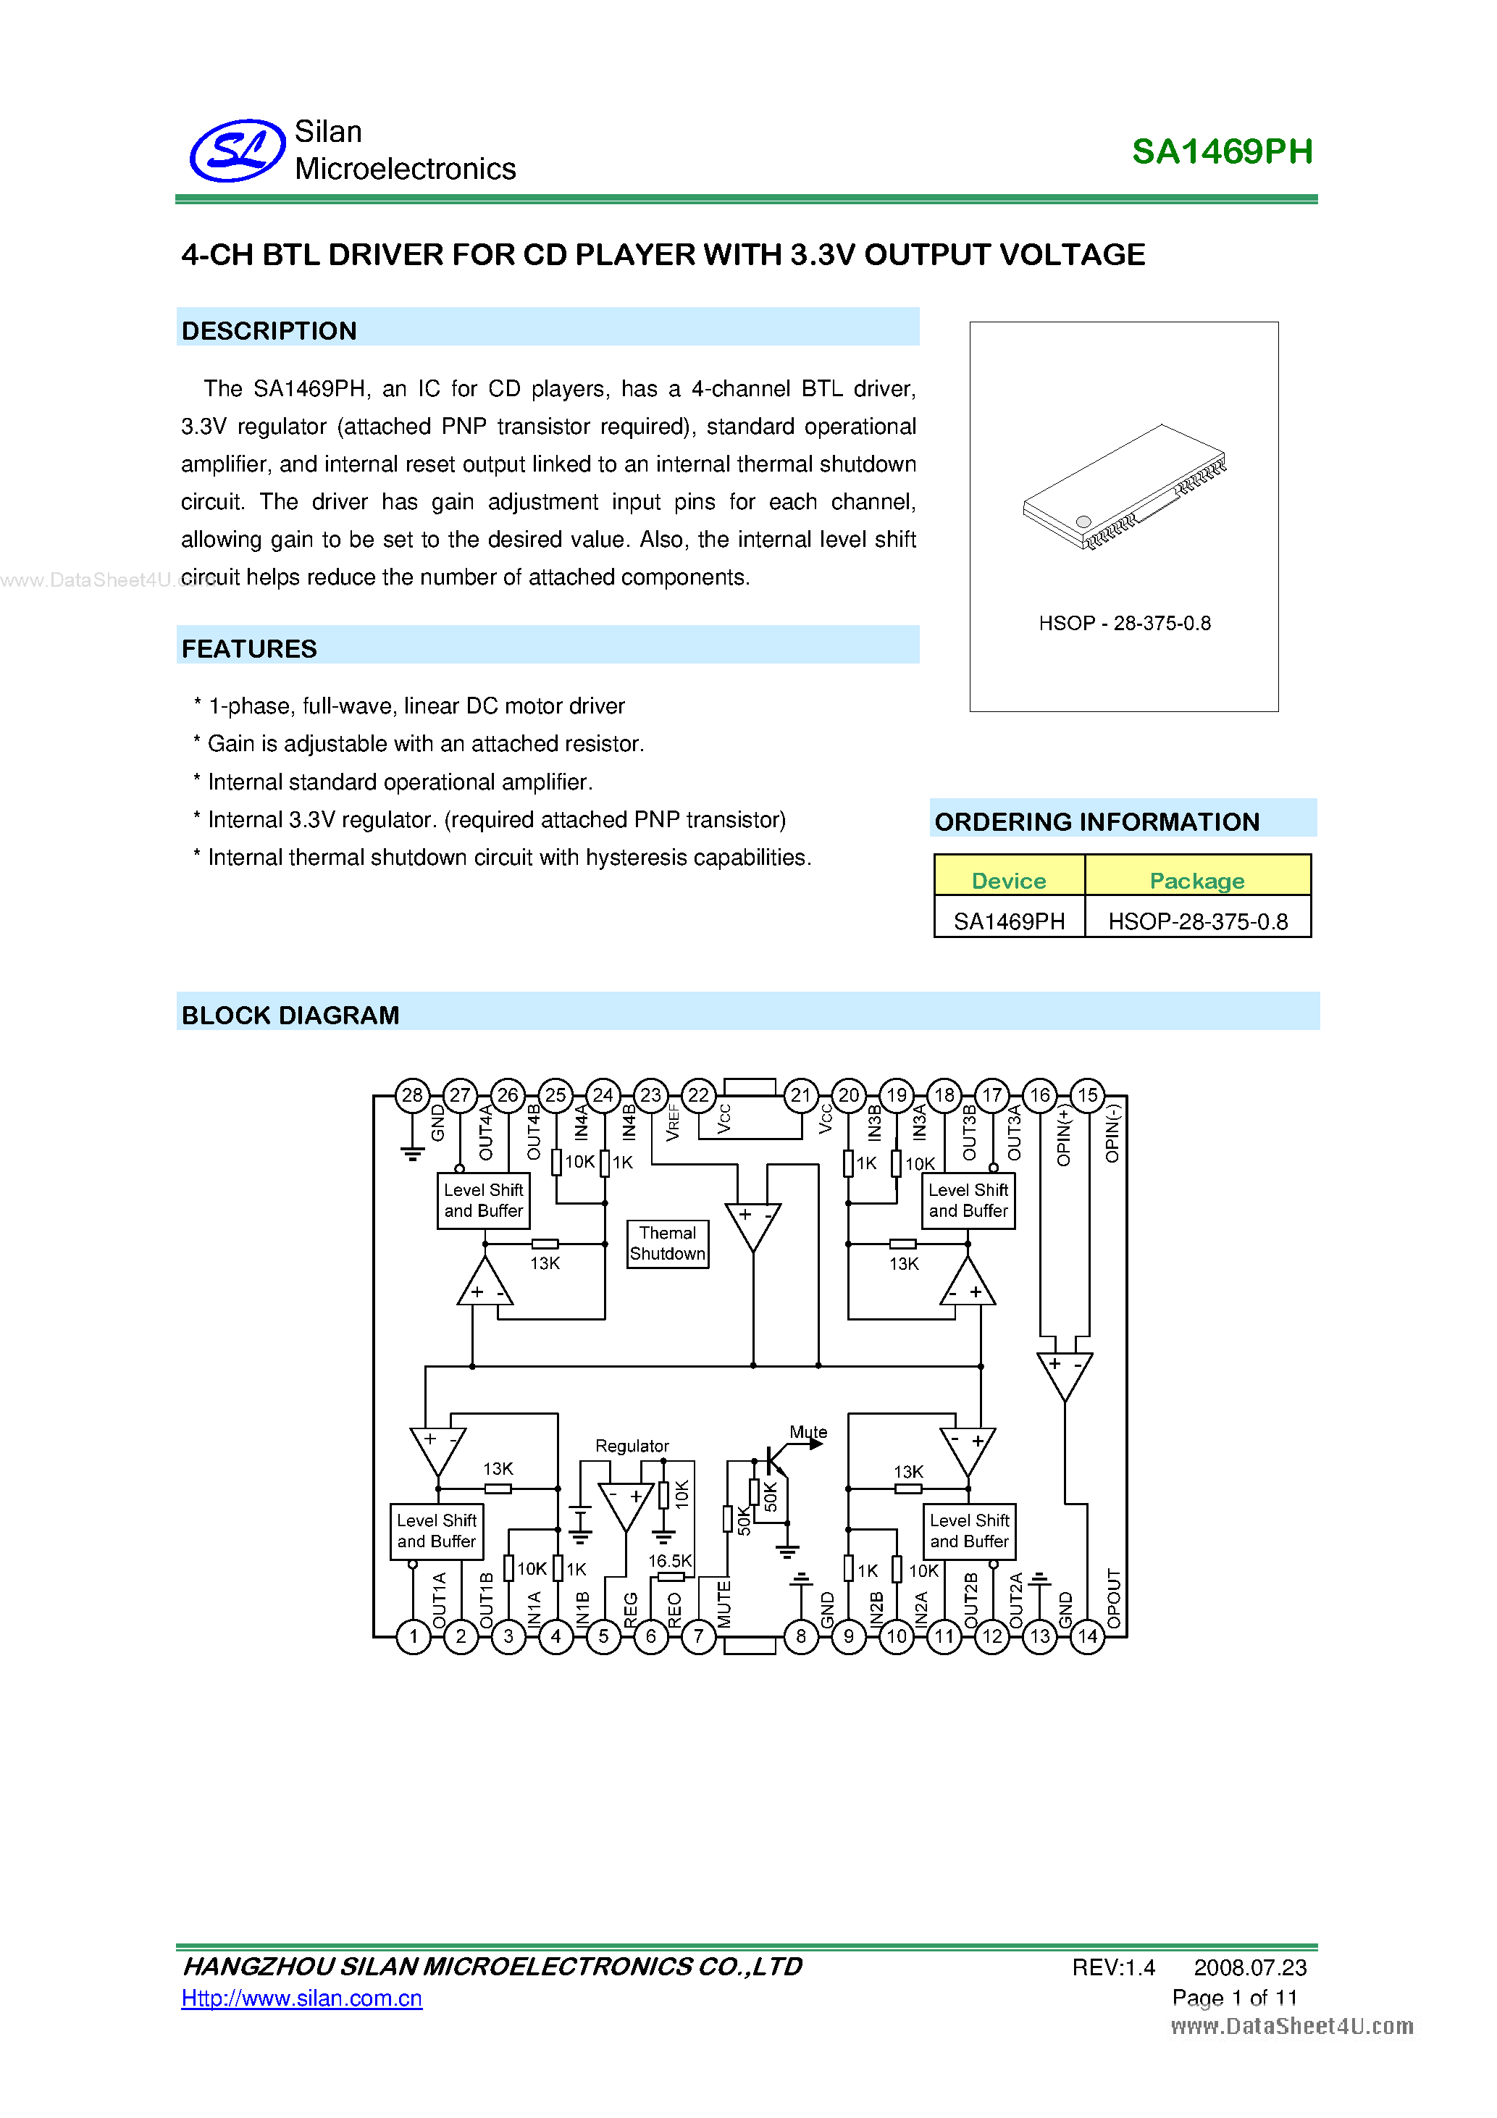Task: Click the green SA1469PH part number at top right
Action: (x=1221, y=152)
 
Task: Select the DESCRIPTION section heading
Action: (x=269, y=331)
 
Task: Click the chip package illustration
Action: (x=1124, y=487)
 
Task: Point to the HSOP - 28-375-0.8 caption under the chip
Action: (x=1124, y=624)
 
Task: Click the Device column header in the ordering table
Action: (x=1008, y=881)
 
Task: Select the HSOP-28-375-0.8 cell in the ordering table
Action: (x=1197, y=921)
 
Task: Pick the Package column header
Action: (x=1196, y=881)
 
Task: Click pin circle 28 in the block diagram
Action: (x=412, y=1095)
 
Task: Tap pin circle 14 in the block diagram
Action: (x=1088, y=1636)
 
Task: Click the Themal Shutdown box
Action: (x=668, y=1244)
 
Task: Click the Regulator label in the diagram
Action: (x=632, y=1446)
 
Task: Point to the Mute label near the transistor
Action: (x=808, y=1432)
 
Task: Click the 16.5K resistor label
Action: (x=670, y=1561)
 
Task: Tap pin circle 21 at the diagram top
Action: (x=800, y=1095)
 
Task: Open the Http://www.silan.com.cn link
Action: (x=301, y=1998)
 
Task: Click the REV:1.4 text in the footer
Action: (x=1113, y=1967)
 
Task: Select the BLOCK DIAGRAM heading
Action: (x=290, y=1016)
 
